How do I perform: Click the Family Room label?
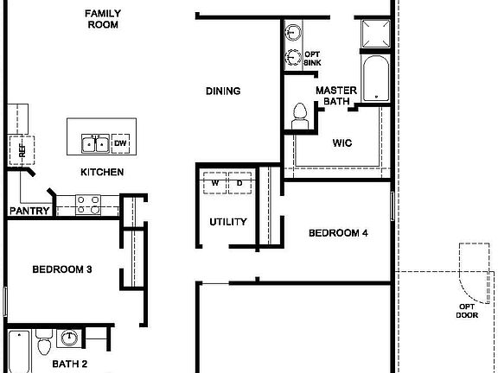tap(102, 19)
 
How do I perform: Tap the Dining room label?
tap(222, 91)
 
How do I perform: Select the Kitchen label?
tap(102, 172)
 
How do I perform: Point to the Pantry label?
tap(28, 211)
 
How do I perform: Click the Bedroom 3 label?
tap(62, 269)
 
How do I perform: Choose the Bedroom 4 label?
tap(339, 233)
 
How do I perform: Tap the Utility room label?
tap(228, 222)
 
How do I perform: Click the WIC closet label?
tap(342, 144)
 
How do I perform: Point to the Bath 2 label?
tap(70, 364)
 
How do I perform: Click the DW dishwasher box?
tap(121, 143)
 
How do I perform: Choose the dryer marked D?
tap(239, 183)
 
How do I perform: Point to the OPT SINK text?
tap(312, 59)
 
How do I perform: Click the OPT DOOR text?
tap(466, 311)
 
